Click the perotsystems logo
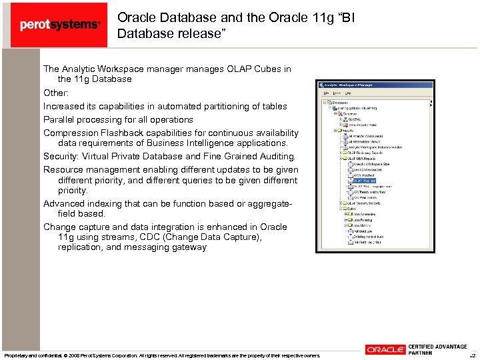pyautogui.click(x=59, y=25)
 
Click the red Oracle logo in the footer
pyautogui.click(x=385, y=349)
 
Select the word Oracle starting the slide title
pyautogui.click(x=136, y=18)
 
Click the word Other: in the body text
pyautogui.click(x=57, y=93)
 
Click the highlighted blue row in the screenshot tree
pyautogui.click(x=365, y=180)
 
